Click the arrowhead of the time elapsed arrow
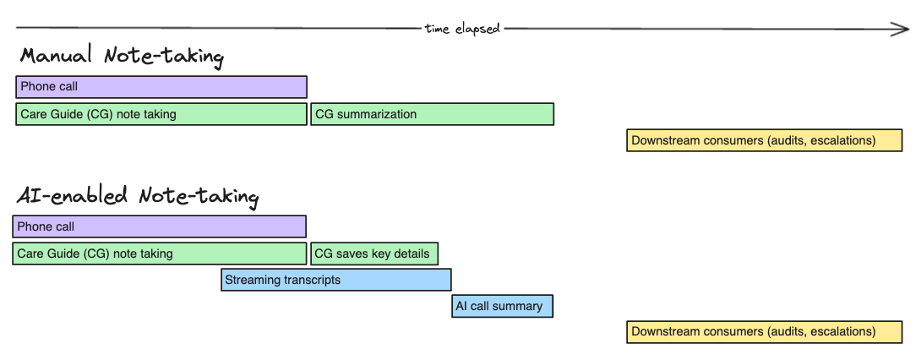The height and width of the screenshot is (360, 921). pos(902,29)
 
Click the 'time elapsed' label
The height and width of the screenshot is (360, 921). pos(462,29)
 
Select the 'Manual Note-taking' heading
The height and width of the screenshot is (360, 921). pos(122,57)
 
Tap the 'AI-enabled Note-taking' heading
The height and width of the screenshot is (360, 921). pos(138,196)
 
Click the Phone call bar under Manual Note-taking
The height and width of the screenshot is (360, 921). pos(161,87)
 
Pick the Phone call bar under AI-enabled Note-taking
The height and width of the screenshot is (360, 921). pos(159,226)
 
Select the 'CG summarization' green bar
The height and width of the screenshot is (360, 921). pos(432,114)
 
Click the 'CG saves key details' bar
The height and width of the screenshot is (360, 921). pos(373,254)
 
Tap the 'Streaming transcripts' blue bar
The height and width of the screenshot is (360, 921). pos(335,280)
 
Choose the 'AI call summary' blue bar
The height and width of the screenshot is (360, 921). pos(502,306)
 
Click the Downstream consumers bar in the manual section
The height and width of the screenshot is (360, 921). pos(765,140)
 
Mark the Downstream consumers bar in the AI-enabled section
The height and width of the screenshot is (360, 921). pos(765,332)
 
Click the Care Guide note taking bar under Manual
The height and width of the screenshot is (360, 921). pos(161,114)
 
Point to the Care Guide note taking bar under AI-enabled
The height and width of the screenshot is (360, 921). pos(159,254)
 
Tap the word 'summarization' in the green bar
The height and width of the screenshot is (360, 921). pos(377,114)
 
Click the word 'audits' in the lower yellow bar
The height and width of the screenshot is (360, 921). pos(787,332)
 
